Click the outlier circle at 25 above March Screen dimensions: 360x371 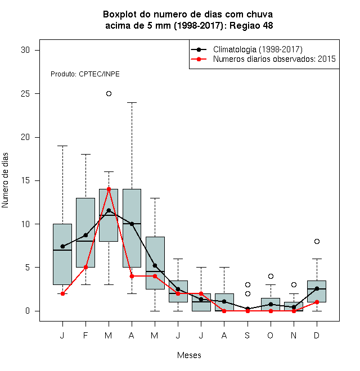pos(109,94)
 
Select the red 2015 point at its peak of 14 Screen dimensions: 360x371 pos(109,189)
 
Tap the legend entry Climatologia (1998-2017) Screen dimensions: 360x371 pos(258,49)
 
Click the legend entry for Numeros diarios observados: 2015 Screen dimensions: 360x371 pos(274,59)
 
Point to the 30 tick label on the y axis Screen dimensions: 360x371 pos(25,50)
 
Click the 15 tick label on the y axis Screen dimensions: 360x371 pos(25,180)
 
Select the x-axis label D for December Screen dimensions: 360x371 pos(317,335)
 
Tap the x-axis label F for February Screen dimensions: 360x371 pos(85,335)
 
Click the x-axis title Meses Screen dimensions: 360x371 pos(189,355)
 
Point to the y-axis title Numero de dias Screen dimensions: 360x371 pos(5,180)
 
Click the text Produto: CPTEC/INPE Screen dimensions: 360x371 pos(85,74)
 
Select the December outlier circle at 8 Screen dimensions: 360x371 pos(317,241)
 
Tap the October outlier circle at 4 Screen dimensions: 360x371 pos(271,276)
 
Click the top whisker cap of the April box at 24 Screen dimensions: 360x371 pos(132,102)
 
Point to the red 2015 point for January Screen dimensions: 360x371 pos(62,293)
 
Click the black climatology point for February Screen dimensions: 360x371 pos(85,235)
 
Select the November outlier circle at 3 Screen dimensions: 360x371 pos(294,284)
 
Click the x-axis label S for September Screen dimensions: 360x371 pos(247,335)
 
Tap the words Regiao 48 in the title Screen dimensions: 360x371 pos(251,25)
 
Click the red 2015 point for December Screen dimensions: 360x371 pos(317,302)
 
